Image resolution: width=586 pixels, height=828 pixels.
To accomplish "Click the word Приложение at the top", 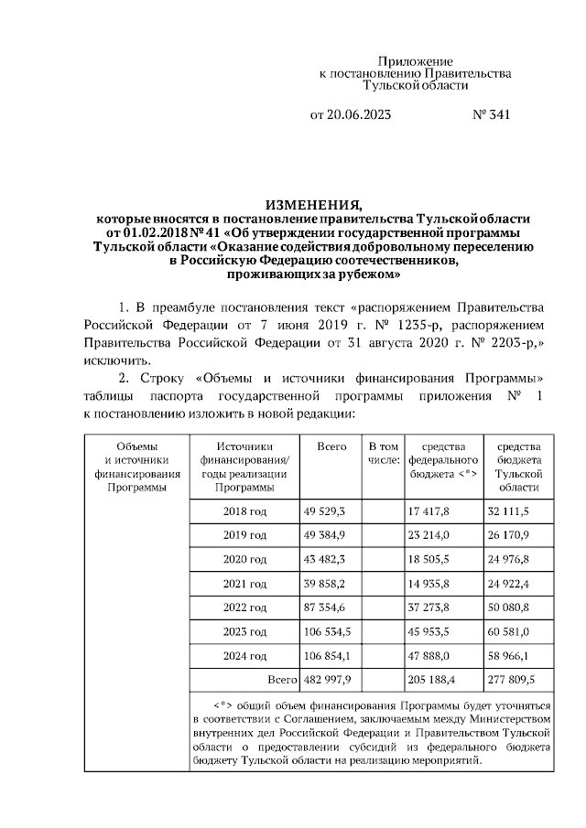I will click(x=416, y=60).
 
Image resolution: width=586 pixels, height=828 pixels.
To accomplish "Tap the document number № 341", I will click(x=490, y=115).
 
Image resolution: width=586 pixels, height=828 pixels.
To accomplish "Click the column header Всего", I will click(x=331, y=446).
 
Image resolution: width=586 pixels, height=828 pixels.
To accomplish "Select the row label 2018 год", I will click(x=244, y=511).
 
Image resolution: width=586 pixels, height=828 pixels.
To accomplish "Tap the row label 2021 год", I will click(x=244, y=583).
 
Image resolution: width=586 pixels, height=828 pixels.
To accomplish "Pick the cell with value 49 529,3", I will click(x=329, y=511).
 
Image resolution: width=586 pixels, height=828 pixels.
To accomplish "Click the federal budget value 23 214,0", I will click(x=433, y=534).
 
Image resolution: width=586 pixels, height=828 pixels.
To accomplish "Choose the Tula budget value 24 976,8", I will click(x=515, y=559).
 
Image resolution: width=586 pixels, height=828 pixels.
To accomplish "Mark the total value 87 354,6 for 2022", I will click(x=329, y=608).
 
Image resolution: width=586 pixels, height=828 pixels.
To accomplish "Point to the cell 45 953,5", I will click(x=433, y=631).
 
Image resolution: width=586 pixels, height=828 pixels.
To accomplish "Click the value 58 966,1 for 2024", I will click(x=515, y=656).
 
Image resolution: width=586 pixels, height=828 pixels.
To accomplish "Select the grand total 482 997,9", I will click(x=332, y=680).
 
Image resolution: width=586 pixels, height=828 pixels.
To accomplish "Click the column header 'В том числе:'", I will click(x=384, y=452).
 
